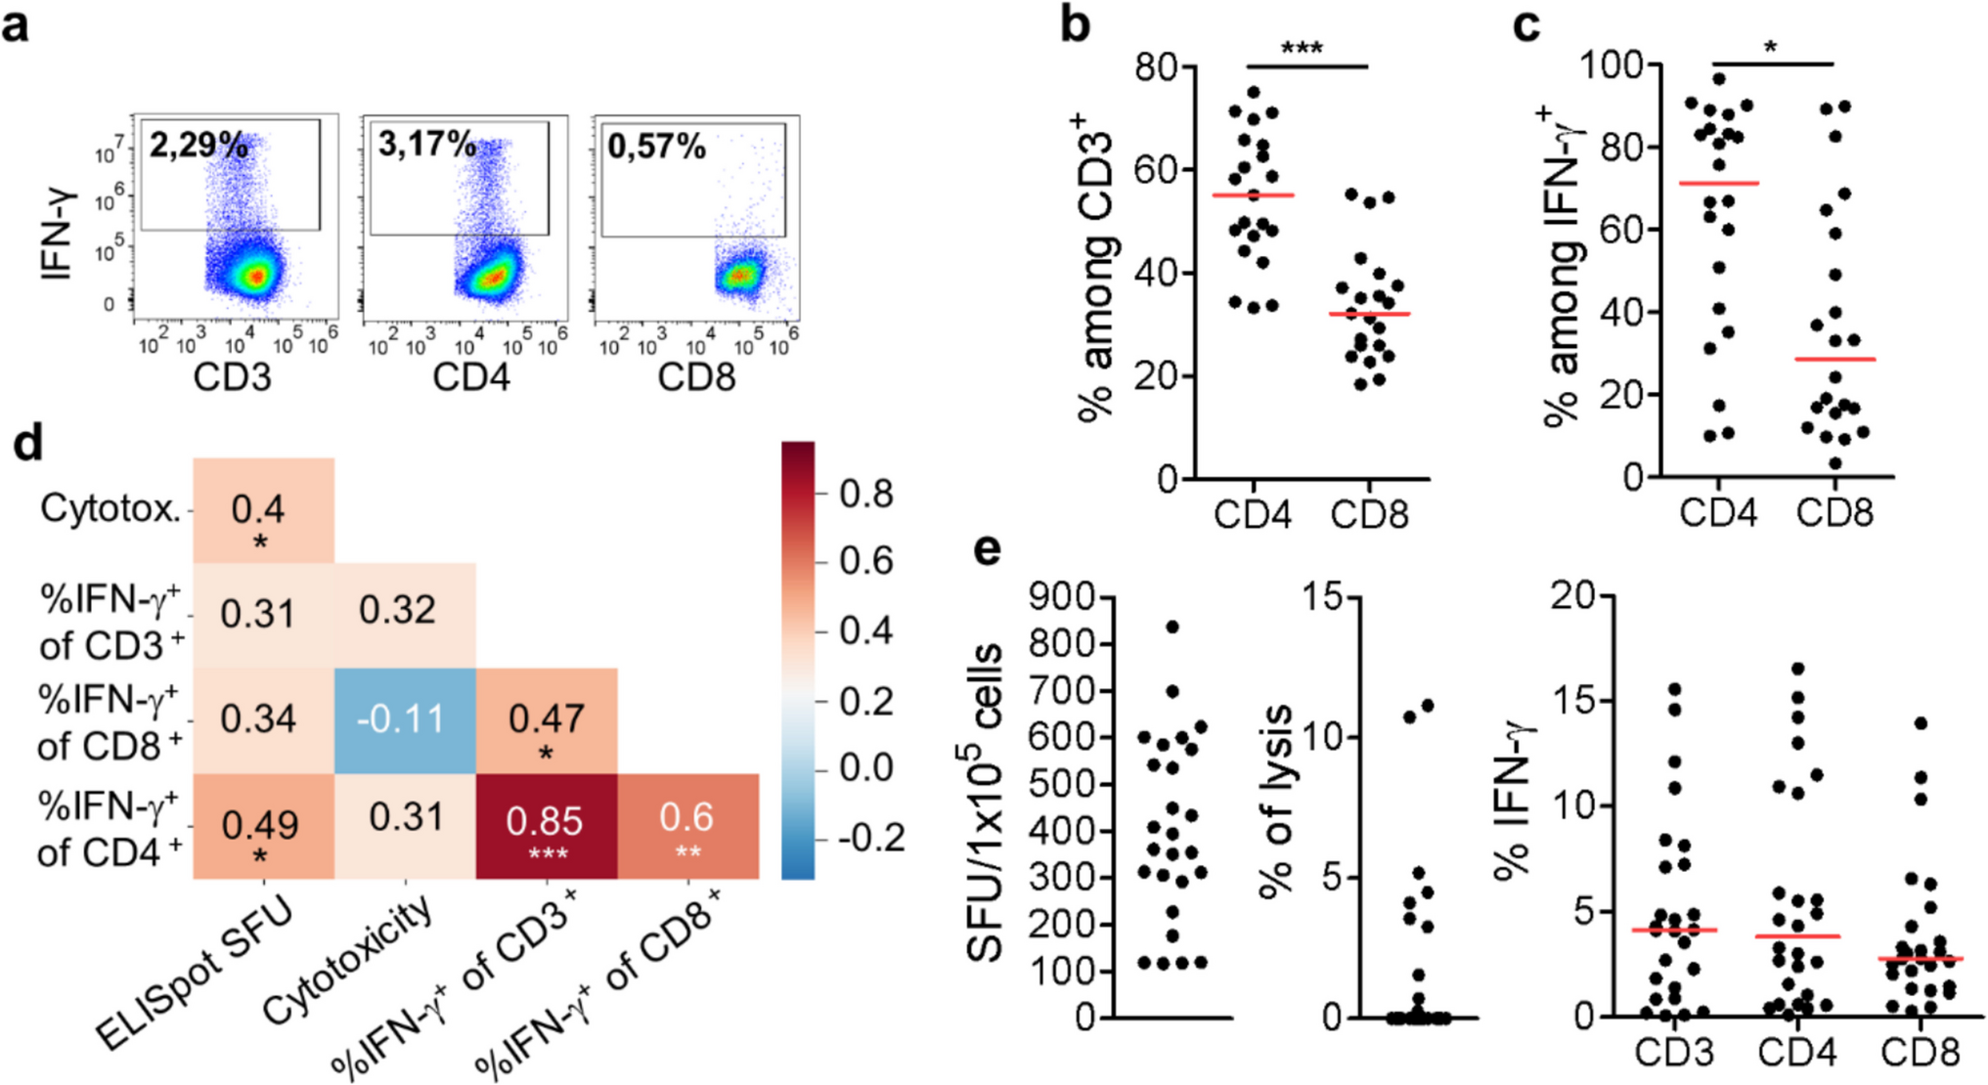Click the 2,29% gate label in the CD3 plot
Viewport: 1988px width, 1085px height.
pos(199,146)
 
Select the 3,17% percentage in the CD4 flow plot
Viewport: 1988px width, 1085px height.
pos(427,146)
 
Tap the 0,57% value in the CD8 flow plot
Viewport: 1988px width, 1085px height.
pos(656,147)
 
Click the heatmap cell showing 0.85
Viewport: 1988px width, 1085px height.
pos(546,826)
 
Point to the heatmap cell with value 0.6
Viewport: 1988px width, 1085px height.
pos(687,826)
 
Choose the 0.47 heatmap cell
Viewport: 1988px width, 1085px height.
pos(546,721)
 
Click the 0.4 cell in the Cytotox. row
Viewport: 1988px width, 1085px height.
pos(259,510)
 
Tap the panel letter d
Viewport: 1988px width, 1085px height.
pos(27,445)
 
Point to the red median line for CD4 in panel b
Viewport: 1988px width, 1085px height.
pos(1253,195)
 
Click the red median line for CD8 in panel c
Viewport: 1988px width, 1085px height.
pos(1834,360)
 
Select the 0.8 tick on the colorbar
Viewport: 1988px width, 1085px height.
pos(866,495)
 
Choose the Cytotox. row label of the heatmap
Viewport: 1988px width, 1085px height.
pos(110,509)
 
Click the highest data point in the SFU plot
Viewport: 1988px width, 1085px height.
pos(1172,627)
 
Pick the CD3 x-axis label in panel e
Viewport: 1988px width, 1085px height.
pos(1675,1053)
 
